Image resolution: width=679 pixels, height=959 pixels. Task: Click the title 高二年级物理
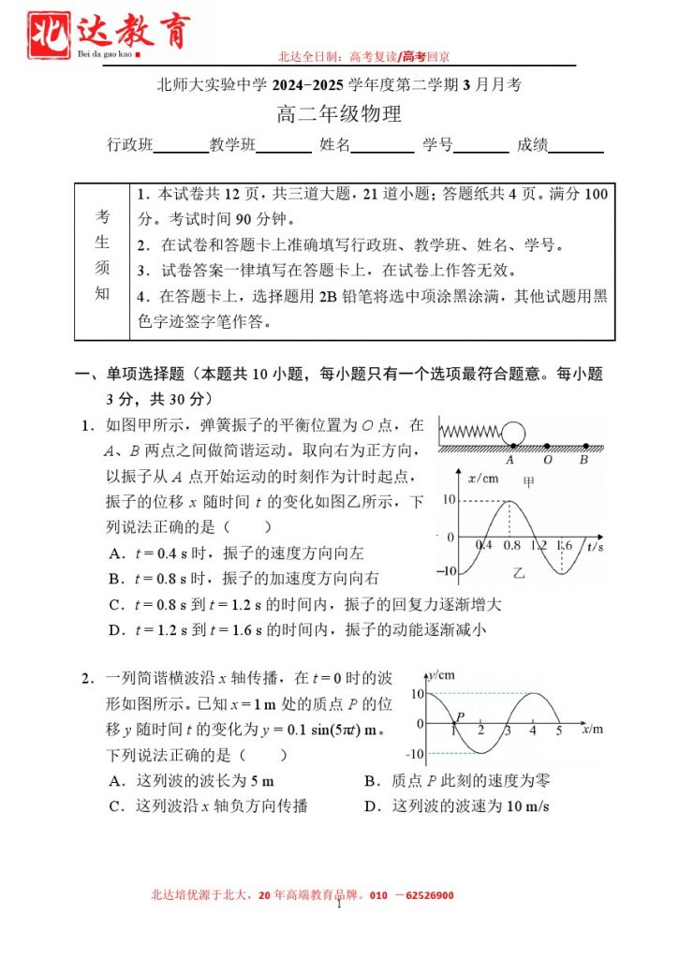click(x=339, y=115)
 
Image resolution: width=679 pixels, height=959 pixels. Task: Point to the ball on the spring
click(x=514, y=434)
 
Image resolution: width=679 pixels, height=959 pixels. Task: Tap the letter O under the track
click(x=548, y=460)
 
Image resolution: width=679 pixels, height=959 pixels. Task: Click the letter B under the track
click(x=583, y=460)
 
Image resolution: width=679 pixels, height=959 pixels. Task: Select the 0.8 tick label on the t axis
click(x=512, y=545)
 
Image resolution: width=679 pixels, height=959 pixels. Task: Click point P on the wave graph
click(x=454, y=723)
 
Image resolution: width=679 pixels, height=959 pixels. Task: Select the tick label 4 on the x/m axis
click(x=533, y=731)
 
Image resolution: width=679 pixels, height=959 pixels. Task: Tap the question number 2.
click(x=86, y=678)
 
